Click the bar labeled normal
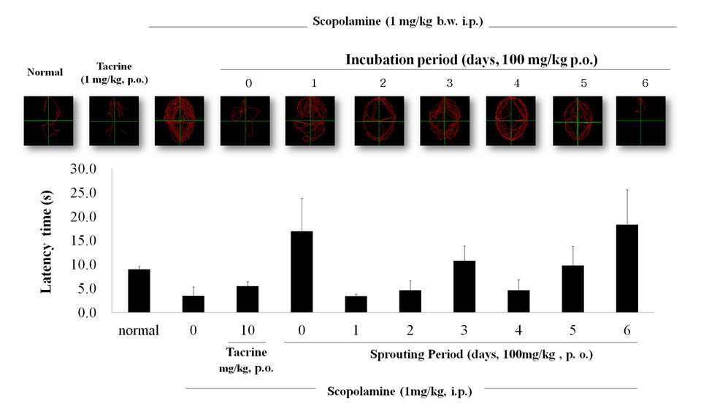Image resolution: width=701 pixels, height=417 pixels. pos(139,291)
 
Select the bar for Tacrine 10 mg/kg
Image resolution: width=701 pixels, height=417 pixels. pos(248,299)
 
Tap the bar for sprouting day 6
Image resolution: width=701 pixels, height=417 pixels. pos(627,268)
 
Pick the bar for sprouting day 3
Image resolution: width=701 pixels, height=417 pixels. pos(464,286)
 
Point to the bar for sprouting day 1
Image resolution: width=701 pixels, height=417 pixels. pos(356,304)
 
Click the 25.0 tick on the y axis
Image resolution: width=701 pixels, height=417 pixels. pos(83,193)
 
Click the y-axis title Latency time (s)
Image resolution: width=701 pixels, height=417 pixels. pos(46,242)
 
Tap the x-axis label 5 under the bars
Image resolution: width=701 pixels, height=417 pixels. pos(572,330)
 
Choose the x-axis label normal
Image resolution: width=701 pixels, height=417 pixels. pos(139,331)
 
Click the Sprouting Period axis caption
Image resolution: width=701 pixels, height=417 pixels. pos(481,354)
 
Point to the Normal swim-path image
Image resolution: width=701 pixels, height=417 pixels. pos(48,120)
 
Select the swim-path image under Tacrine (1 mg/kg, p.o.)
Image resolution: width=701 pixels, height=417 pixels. pos(114,120)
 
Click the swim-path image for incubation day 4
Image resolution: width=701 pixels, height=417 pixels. pos(510,120)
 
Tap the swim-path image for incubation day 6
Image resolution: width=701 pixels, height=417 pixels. pos(640,120)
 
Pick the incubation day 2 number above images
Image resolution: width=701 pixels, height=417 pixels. pos(383,83)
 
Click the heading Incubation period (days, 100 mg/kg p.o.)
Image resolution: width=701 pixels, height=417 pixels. pos(472,60)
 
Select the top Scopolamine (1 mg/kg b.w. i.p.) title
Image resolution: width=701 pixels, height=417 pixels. pos(398,21)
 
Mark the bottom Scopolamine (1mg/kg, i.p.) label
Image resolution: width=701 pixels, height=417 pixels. pos(399,391)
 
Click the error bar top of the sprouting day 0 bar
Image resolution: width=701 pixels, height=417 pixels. pos(302,198)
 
